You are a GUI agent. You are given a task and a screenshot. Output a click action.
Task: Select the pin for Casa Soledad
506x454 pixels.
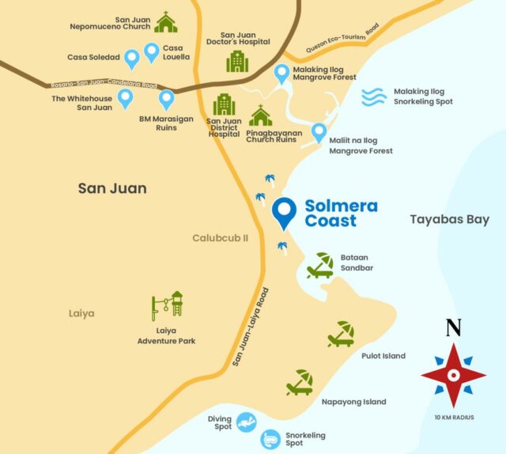click(x=132, y=57)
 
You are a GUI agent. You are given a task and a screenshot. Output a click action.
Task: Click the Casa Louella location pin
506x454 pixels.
click(x=151, y=52)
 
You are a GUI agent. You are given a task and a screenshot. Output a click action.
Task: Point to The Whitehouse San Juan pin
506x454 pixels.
click(x=125, y=98)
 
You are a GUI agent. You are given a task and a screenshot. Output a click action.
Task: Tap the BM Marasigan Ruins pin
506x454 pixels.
click(x=166, y=100)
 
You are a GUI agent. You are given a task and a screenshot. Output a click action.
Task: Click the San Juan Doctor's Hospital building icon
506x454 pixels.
click(x=236, y=61)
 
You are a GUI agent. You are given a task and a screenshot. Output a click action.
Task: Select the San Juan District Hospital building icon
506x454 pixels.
click(x=224, y=104)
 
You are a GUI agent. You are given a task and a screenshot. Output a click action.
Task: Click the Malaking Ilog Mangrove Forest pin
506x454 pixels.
click(x=281, y=74)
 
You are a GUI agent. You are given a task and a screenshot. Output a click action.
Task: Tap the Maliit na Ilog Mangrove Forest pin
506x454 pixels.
click(x=319, y=131)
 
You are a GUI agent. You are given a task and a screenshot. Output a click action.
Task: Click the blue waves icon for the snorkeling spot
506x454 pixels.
click(x=374, y=96)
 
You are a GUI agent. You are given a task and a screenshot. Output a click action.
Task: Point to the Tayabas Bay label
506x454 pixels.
click(x=449, y=219)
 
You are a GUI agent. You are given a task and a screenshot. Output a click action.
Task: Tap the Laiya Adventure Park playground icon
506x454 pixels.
click(x=168, y=307)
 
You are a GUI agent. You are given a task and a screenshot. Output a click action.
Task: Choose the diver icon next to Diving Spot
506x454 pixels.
click(x=247, y=421)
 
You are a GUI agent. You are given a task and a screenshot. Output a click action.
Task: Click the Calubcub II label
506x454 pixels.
click(x=221, y=238)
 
